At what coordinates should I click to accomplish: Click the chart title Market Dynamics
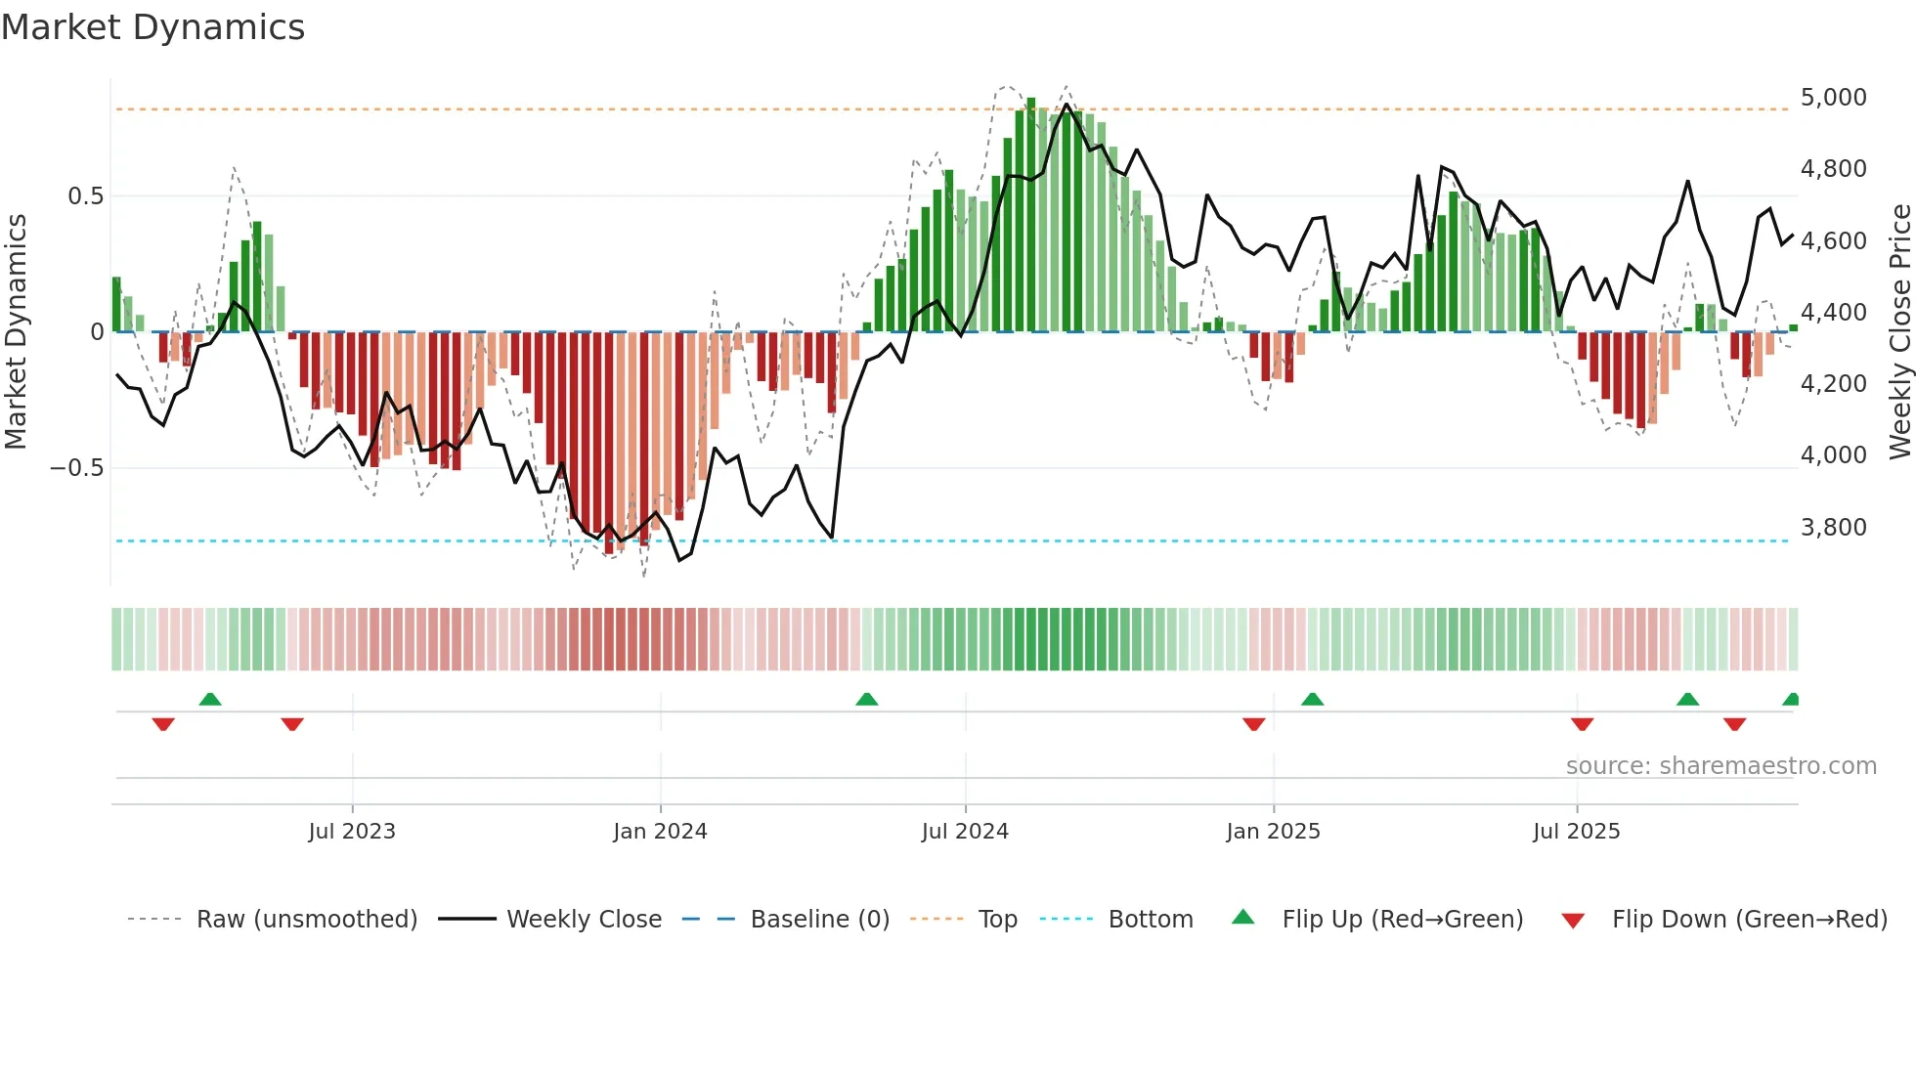click(152, 27)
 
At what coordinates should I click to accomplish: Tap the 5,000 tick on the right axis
click(1833, 98)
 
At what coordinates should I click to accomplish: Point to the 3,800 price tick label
click(1833, 528)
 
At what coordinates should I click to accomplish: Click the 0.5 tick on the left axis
click(85, 196)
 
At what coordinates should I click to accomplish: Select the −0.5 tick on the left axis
click(77, 468)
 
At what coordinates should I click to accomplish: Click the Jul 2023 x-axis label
click(352, 832)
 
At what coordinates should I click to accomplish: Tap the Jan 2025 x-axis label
click(1273, 832)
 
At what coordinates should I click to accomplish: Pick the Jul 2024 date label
click(965, 832)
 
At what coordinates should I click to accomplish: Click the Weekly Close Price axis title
click(1899, 331)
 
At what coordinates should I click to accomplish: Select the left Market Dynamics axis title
click(16, 331)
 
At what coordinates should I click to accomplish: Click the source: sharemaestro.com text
click(1720, 766)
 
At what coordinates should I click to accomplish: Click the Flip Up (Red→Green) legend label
click(1402, 920)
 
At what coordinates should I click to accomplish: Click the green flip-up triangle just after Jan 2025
click(1312, 699)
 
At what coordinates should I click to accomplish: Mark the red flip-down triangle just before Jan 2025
click(1253, 724)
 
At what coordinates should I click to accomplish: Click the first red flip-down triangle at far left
click(163, 724)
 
